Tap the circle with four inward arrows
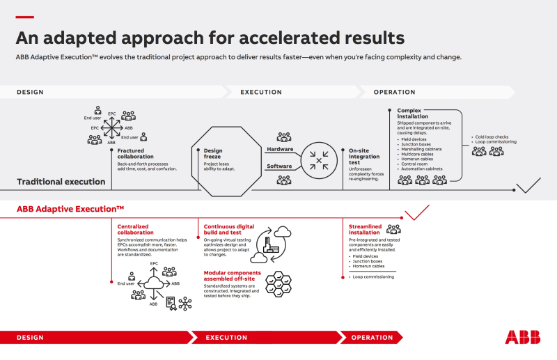coord(319,161)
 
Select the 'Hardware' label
coord(279,149)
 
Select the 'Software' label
coord(279,166)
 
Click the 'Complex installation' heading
coord(414,114)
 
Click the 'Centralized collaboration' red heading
coord(136,229)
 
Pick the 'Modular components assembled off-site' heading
coord(232,276)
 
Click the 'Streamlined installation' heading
coord(365,229)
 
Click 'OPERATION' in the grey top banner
coord(394,92)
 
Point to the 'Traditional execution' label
coord(61,182)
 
